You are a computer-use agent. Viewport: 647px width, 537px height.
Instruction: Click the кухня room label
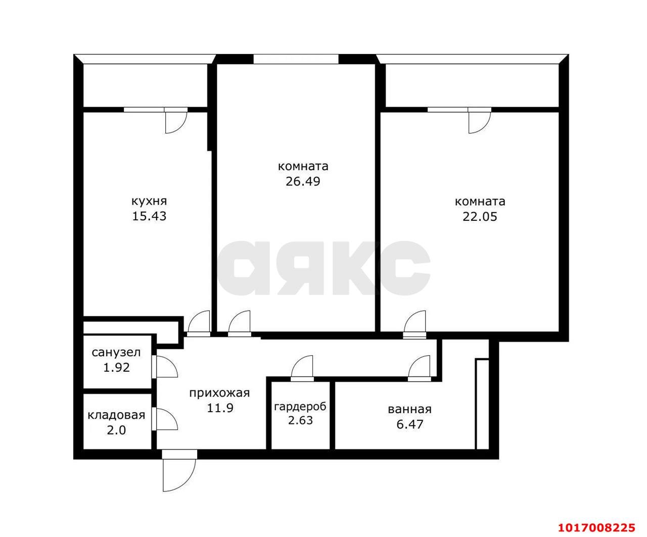pos(149,202)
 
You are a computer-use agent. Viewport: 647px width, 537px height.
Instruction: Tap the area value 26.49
pos(303,181)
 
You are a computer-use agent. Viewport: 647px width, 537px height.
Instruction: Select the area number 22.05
pos(480,217)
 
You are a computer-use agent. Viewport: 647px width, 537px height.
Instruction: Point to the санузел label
pos(116,353)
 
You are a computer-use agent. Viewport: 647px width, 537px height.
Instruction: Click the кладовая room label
pos(116,415)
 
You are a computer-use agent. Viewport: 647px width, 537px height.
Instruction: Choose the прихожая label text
pos(219,394)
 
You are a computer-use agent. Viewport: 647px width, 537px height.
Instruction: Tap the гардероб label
pos(300,407)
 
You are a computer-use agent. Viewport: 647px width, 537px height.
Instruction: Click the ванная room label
pos(409,409)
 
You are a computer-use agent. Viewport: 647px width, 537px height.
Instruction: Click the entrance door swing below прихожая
pos(178,475)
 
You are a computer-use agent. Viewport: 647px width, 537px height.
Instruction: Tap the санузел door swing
pos(165,367)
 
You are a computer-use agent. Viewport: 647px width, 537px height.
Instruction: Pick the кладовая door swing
pos(165,419)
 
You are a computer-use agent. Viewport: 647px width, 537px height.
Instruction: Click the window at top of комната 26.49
pos(296,59)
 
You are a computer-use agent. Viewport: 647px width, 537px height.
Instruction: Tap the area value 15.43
pos(149,216)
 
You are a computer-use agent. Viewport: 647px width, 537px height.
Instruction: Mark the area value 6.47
pos(409,424)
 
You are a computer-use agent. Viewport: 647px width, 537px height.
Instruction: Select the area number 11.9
pos(220,408)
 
